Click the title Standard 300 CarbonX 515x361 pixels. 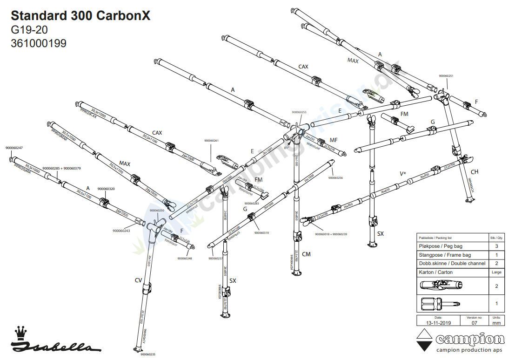click(x=80, y=15)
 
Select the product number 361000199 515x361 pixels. click(x=38, y=43)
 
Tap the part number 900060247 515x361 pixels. click(x=14, y=148)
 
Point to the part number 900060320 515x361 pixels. click(x=106, y=189)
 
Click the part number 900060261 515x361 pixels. click(x=211, y=141)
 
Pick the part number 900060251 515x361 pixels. click(x=446, y=76)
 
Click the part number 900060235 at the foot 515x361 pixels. click(x=147, y=354)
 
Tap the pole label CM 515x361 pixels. click(x=306, y=254)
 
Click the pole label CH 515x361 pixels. click(x=475, y=172)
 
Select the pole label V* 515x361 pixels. click(x=403, y=174)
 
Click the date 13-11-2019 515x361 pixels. click(x=436, y=322)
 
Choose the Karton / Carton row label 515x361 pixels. click(x=436, y=272)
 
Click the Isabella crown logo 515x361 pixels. click(x=20, y=333)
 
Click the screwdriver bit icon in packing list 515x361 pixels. click(x=440, y=304)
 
